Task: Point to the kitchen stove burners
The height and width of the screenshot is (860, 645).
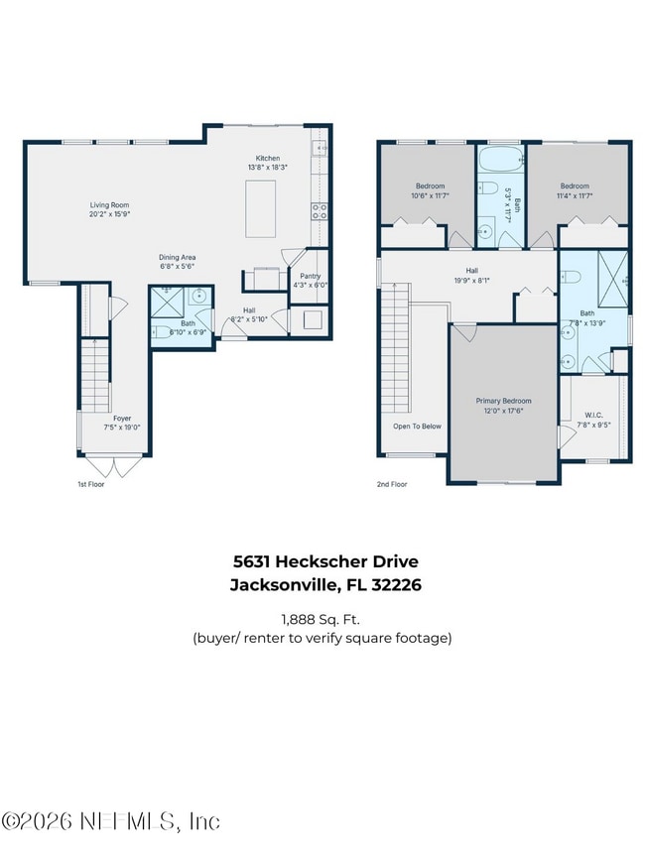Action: click(321, 210)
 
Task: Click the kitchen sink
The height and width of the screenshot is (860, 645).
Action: click(321, 150)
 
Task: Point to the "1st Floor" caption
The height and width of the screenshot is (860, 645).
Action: click(90, 484)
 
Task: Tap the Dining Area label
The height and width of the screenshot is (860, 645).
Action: click(178, 257)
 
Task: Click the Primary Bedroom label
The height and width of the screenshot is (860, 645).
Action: click(503, 401)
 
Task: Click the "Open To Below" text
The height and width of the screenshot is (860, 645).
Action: click(417, 427)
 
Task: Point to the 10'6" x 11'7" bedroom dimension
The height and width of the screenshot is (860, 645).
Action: click(430, 195)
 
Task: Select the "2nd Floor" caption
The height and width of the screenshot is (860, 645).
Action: click(392, 484)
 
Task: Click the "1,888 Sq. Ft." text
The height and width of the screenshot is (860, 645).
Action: click(322, 618)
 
